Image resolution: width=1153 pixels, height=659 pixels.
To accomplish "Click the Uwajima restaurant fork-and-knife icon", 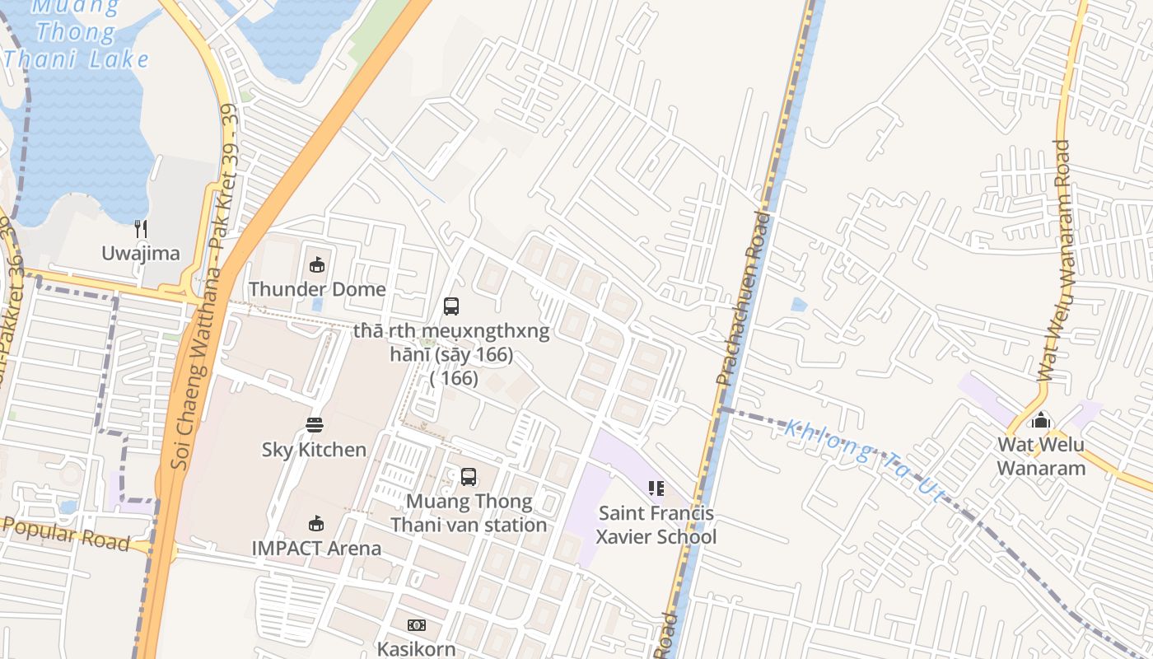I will (x=141, y=229).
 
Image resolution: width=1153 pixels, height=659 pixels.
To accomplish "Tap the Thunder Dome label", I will (x=317, y=289).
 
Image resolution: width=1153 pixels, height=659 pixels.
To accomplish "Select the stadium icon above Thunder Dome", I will (x=316, y=264).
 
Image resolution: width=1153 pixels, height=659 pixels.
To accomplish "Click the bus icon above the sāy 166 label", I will (x=451, y=306).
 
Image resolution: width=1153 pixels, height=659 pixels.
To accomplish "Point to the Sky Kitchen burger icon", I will (x=315, y=425).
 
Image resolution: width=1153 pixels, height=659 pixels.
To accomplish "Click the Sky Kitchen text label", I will (x=314, y=450).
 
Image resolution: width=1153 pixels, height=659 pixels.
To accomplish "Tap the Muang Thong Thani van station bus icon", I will (x=469, y=477).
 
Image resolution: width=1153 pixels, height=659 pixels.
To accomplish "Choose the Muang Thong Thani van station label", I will (x=469, y=513).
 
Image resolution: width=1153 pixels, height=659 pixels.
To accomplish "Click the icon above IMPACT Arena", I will (x=316, y=524).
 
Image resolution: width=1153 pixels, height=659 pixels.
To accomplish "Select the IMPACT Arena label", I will (x=316, y=549).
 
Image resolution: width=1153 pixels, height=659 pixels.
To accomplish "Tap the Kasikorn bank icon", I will (x=417, y=625).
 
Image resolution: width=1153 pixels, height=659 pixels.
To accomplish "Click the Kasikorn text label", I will (x=416, y=648).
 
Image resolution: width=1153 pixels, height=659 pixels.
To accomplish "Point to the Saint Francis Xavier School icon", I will (x=656, y=488).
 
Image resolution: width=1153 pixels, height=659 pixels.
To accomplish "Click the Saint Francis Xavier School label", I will (x=656, y=525).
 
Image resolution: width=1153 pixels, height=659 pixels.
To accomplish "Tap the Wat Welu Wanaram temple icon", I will (x=1041, y=420).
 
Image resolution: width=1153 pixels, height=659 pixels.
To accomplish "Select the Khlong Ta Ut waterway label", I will (x=864, y=460).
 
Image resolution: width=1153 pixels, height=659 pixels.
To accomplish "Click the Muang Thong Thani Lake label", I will (x=77, y=34).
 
